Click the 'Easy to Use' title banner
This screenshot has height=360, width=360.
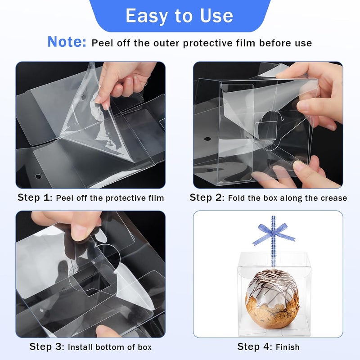coord(180,16)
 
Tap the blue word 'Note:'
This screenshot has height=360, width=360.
coord(67,42)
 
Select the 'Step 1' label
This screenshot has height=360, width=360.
coord(35,198)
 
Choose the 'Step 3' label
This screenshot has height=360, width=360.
coord(47,346)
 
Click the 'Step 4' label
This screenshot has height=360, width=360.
coord(255,346)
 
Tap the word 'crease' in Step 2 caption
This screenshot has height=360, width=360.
coord(334,198)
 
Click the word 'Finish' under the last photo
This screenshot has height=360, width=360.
coord(288,347)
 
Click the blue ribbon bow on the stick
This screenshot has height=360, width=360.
coord(273,233)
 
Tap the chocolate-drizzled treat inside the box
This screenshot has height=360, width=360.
coord(272,299)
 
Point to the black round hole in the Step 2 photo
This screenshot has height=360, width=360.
coord(207,139)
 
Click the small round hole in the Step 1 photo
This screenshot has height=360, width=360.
coord(38,176)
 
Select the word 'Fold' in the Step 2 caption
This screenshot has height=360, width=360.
coord(236,198)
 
